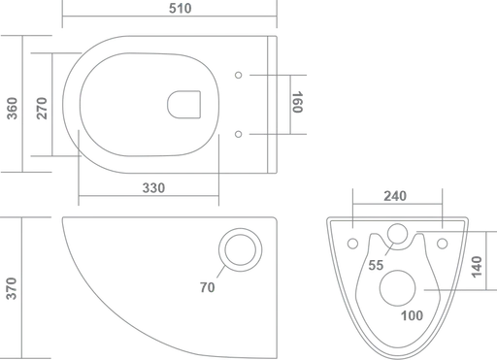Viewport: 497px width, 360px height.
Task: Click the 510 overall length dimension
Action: pos(181,8)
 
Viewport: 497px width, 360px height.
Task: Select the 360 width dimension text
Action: pos(12,109)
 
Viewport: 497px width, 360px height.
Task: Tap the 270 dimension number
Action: pos(42,109)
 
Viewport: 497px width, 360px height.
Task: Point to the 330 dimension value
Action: pos(153,188)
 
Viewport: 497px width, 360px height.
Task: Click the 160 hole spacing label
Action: pos(297,102)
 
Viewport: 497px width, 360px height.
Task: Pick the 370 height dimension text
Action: pos(12,288)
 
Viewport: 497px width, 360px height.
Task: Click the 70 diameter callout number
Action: pos(207,287)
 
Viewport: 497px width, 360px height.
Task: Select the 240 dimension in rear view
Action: pos(395,196)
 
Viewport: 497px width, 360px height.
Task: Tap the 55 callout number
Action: pos(376,265)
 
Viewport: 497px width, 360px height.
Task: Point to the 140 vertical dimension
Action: pos(477,267)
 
